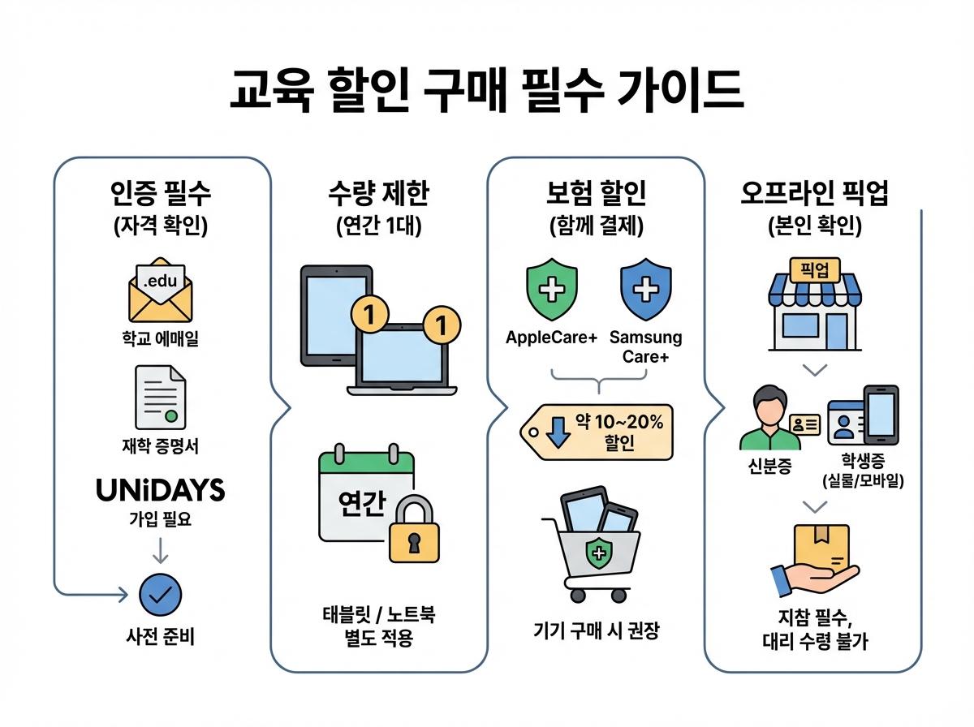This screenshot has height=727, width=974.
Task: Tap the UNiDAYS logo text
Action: click(160, 490)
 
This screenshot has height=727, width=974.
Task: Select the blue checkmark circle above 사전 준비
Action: click(160, 594)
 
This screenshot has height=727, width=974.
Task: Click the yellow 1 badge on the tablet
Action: click(368, 315)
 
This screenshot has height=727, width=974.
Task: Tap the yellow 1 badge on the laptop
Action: click(441, 326)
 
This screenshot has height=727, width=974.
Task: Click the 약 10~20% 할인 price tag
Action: click(600, 432)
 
